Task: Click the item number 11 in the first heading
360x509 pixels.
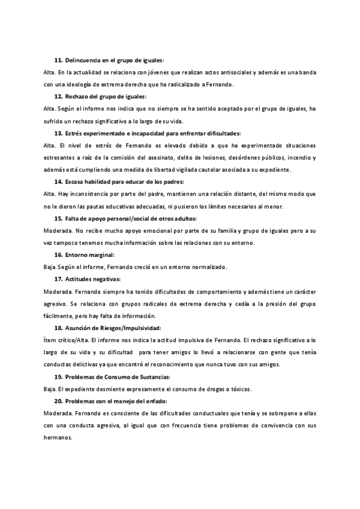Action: (58, 61)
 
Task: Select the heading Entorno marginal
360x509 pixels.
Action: (89, 254)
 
